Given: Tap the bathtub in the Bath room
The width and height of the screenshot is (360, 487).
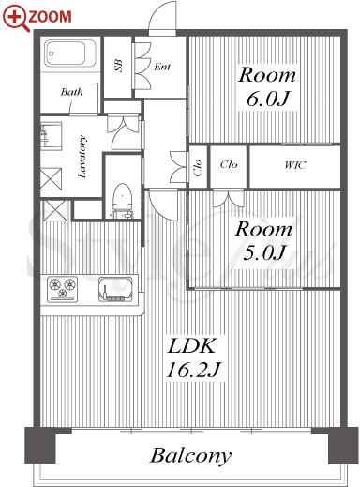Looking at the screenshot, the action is [69, 53].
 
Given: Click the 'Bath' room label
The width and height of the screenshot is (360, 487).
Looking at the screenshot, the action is [72, 92].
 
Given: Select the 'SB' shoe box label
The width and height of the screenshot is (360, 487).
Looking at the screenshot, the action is [118, 66].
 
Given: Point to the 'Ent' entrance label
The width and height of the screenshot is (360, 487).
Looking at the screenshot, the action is [162, 67].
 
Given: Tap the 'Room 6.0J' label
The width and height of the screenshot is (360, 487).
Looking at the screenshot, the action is [267, 86].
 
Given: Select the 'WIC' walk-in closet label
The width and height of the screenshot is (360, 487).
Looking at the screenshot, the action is [295, 165].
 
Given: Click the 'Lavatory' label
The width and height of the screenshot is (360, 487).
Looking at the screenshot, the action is [82, 157].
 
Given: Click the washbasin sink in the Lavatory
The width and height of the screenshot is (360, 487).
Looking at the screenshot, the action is [52, 136].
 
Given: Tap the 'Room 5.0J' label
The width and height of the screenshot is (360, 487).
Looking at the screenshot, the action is [264, 241].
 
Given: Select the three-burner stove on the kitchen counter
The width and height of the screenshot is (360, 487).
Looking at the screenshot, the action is [62, 289].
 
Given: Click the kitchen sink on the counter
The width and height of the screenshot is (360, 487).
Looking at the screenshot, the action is [115, 289].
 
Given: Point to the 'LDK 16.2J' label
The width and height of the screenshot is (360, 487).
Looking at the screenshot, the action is [194, 358].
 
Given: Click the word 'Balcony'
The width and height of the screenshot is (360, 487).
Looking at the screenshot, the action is [191, 455].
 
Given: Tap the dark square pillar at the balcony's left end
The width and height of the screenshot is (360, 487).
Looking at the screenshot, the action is [40, 446].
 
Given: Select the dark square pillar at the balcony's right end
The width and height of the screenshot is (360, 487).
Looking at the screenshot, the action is [343, 446].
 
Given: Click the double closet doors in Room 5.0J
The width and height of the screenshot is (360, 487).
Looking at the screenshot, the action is [229, 199].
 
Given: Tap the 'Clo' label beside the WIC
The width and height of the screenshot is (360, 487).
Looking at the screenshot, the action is [229, 164].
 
